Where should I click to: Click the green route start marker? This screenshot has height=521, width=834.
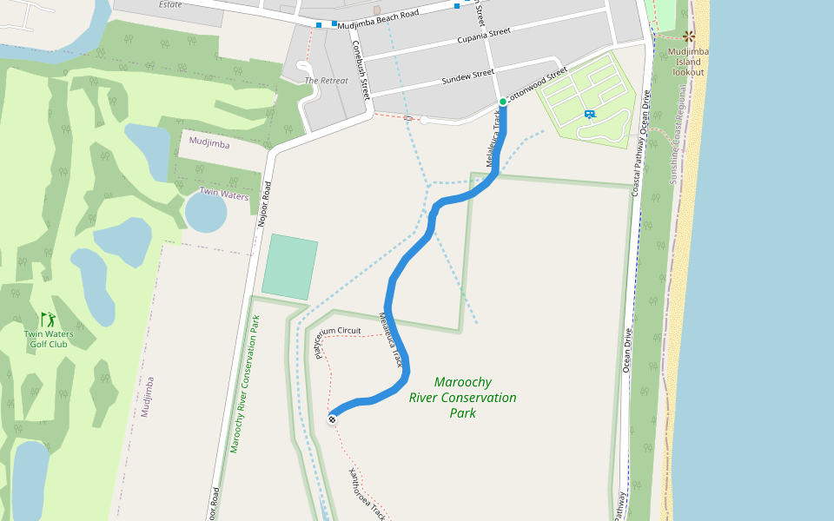point(503,102)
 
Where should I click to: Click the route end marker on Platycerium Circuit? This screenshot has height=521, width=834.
point(332,419)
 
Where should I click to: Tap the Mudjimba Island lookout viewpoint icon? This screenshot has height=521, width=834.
point(689,36)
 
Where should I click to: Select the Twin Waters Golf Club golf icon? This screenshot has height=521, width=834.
point(48,320)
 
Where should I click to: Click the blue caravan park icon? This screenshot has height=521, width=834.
point(590,114)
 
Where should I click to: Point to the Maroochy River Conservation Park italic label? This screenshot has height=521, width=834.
point(463,398)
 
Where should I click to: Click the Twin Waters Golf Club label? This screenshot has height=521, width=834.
point(49,339)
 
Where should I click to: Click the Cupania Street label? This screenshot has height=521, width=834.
point(483,36)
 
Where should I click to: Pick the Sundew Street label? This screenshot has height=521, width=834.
point(467,76)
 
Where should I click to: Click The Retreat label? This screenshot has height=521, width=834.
point(326,81)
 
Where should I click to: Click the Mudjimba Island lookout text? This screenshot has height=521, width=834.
point(689,61)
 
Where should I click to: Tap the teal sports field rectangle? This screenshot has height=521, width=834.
point(289,266)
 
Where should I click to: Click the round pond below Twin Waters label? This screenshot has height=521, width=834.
point(206,212)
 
